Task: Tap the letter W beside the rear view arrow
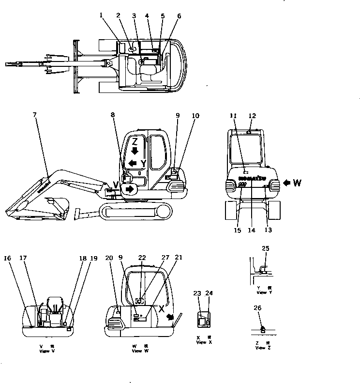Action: [297, 183]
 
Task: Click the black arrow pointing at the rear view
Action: [286, 183]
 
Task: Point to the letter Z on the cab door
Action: [135, 142]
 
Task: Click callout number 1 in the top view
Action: [101, 15]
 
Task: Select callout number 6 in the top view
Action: [180, 15]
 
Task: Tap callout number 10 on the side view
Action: [195, 115]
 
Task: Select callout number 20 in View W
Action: [110, 258]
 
